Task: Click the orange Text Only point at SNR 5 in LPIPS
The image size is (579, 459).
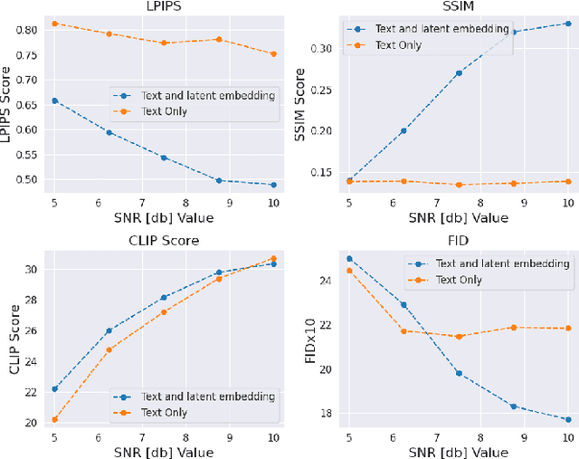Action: pos(55,24)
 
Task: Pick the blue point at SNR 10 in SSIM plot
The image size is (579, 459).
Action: pos(568,24)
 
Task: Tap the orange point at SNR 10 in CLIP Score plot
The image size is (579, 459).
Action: pos(273,258)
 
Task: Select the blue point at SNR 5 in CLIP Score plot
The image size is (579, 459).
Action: pos(55,388)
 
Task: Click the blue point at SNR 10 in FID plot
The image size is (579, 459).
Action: pos(568,419)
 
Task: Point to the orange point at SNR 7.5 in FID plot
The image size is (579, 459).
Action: pos(459,337)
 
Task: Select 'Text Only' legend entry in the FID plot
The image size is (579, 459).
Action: pos(457,280)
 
